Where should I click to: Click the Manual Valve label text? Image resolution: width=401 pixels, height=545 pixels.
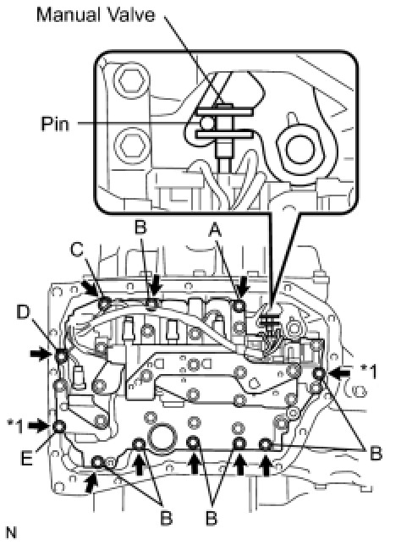coord(96,15)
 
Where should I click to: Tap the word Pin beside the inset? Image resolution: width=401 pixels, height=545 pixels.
coord(55,124)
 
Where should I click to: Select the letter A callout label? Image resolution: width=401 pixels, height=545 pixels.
coord(216,229)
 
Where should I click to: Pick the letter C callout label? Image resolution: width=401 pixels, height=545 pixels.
coord(77,249)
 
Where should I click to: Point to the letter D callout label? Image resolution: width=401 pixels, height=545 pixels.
coord(24,312)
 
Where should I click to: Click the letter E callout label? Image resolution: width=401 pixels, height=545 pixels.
coord(27,458)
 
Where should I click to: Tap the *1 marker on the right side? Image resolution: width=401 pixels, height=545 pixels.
coord(369,372)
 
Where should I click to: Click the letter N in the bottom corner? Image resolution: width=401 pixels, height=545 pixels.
coord(11,532)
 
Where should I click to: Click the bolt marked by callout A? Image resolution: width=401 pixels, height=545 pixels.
coord(239,306)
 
